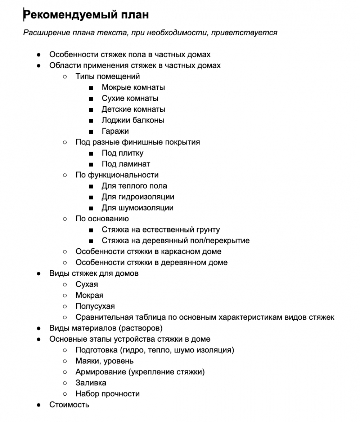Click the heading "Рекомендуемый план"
coord(86,15)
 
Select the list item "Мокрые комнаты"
coord(133,88)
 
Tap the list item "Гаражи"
coord(115,131)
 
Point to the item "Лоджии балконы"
coord(133,120)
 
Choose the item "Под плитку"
coord(122,153)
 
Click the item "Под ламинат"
coord(126,164)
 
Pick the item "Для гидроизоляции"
coord(138,197)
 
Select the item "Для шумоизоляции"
coord(138,208)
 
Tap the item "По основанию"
coord(102,219)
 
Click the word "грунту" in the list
coord(208,230)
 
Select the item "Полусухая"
coord(95,306)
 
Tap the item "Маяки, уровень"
coord(104,361)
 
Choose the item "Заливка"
coord(91,383)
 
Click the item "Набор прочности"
coord(108,394)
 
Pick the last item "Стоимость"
coord(69,405)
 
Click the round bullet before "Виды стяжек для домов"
coord(39,274)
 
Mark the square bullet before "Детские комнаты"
coord(91,110)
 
